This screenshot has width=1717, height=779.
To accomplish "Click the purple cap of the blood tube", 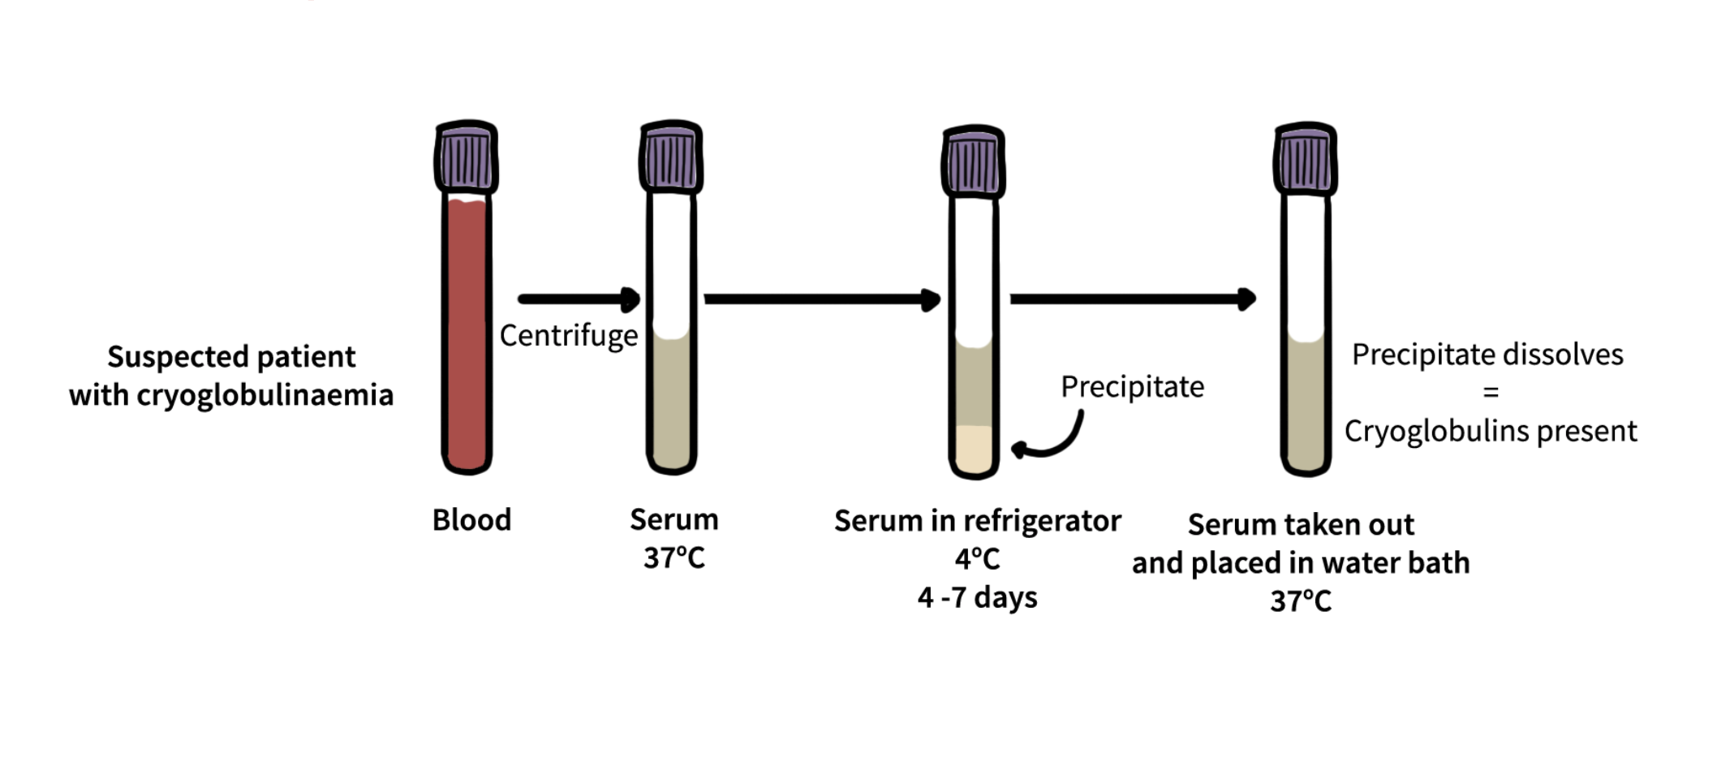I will [467, 157].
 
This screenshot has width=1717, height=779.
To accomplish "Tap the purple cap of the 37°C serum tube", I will [671, 157].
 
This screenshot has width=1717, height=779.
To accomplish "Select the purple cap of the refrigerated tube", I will [974, 161].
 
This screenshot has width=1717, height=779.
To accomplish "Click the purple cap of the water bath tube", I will [1305, 159].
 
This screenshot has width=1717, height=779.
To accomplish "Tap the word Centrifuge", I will [568, 335].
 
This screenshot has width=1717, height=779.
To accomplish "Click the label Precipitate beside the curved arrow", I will [1132, 387].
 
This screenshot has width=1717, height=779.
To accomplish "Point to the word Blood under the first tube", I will [471, 520].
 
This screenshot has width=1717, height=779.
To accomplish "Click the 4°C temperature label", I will [977, 559].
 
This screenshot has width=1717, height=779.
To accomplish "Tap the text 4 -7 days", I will [977, 598].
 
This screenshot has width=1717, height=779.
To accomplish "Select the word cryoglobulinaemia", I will [265, 395].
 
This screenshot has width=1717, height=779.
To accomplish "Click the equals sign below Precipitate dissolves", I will [1490, 393].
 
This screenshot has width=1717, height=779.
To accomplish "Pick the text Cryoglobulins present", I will [1490, 431].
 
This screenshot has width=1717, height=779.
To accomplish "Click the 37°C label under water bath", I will [1300, 601].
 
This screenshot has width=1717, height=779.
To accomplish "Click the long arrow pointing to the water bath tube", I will [1132, 299].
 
